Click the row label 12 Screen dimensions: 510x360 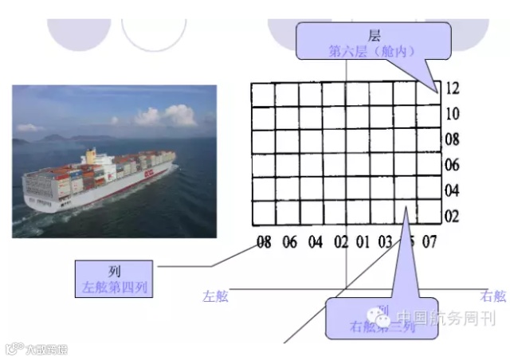pyautogui.click(x=453, y=88)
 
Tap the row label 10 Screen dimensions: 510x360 pyautogui.click(x=453, y=114)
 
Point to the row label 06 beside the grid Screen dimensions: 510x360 pyautogui.click(x=453, y=165)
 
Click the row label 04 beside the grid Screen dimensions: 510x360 pyautogui.click(x=453, y=190)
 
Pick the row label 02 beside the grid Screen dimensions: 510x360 pyautogui.click(x=453, y=216)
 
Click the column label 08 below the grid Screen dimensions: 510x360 pyautogui.click(x=264, y=241)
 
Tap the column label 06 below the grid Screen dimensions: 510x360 pyautogui.click(x=290, y=241)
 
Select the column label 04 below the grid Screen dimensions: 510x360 pyautogui.click(x=316, y=241)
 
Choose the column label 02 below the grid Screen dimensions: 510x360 pyautogui.click(x=341, y=241)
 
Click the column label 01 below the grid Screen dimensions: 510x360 pyautogui.click(x=363, y=241)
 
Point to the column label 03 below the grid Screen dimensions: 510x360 pyautogui.click(x=386, y=241)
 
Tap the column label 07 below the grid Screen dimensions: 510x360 pyautogui.click(x=430, y=241)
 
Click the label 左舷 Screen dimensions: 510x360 pyautogui.click(x=215, y=296)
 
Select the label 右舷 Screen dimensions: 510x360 pyautogui.click(x=493, y=296)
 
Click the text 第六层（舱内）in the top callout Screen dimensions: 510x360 pyautogui.click(x=374, y=50)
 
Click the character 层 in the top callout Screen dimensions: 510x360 pyautogui.click(x=375, y=36)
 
